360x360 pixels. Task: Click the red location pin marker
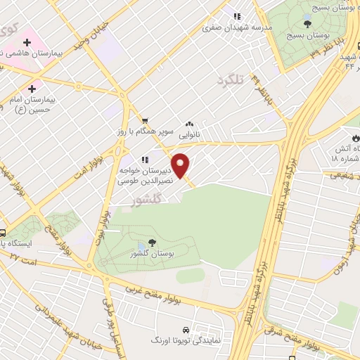tap(181, 165)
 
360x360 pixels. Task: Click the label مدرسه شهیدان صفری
tap(228, 28)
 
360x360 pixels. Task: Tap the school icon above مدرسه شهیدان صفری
tap(237, 16)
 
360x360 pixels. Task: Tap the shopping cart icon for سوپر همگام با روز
tap(145, 121)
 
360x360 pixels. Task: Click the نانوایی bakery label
tap(189, 133)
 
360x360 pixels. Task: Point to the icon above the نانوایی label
tap(189, 122)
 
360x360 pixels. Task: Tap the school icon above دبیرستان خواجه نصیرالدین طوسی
tap(144, 160)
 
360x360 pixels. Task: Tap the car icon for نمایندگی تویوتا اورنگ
tap(185, 329)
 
